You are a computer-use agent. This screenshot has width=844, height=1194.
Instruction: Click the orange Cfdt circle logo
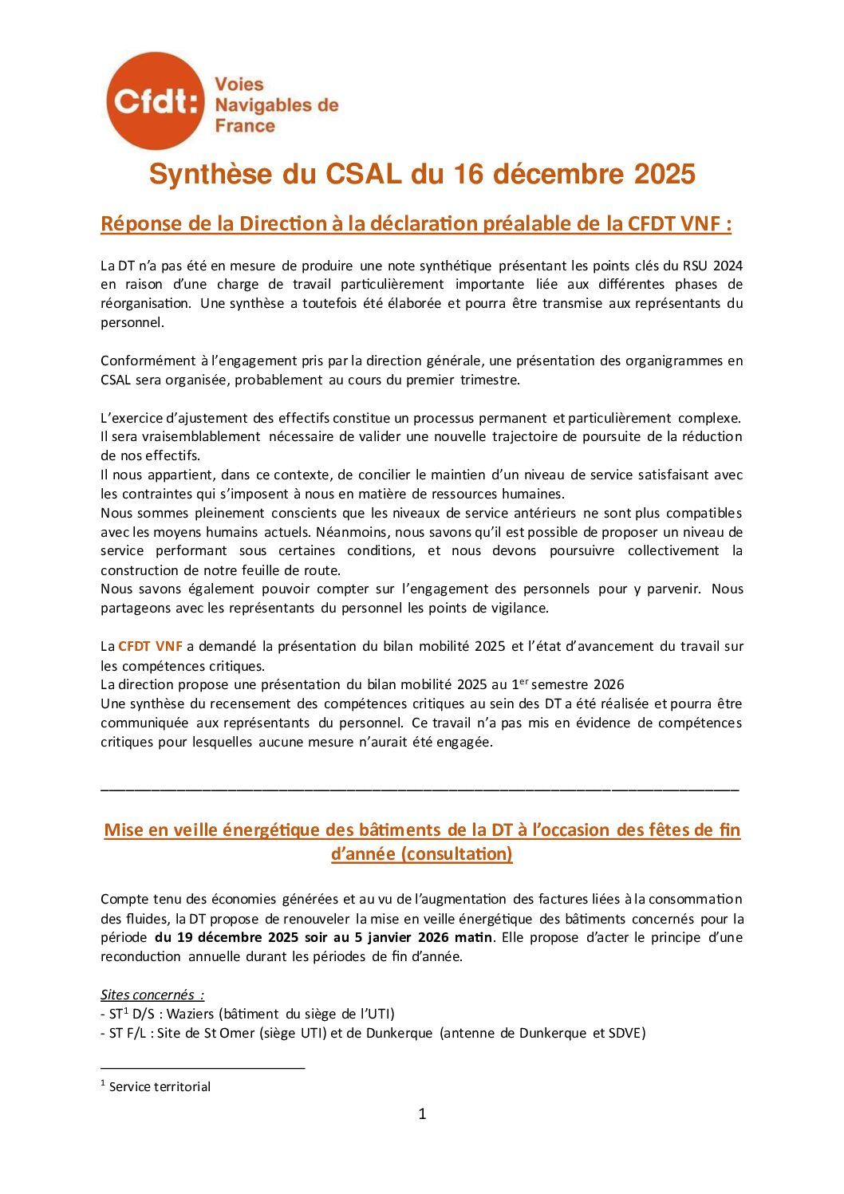pyautogui.click(x=155, y=100)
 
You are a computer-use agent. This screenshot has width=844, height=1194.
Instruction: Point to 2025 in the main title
pyautogui.click(x=665, y=175)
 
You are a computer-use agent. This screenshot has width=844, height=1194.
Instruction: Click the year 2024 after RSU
pyautogui.click(x=728, y=266)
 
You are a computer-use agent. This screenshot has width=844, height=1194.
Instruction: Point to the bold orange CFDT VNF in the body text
pyautogui.click(x=150, y=646)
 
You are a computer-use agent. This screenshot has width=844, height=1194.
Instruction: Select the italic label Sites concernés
pyautogui.click(x=148, y=995)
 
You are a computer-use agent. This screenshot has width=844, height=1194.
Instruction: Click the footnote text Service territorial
pyautogui.click(x=160, y=1086)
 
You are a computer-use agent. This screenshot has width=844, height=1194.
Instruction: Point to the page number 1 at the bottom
pyautogui.click(x=422, y=1114)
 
